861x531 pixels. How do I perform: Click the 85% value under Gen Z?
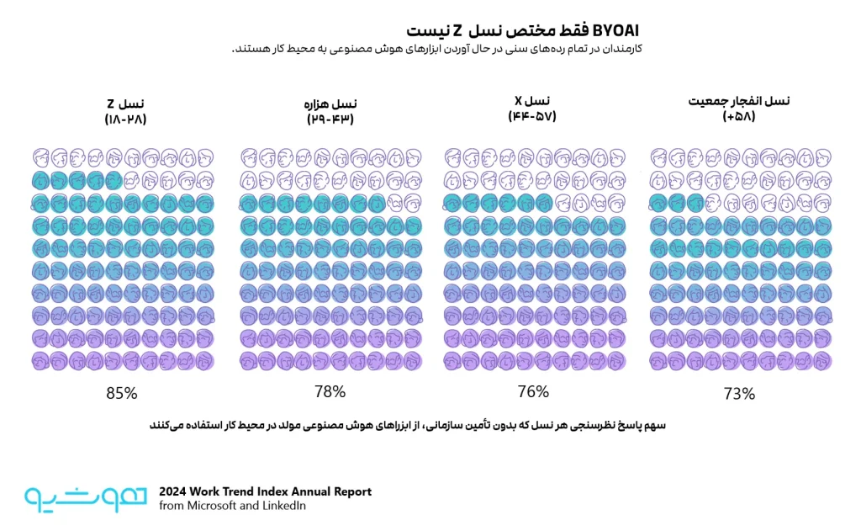[121, 393]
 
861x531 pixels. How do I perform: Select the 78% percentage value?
[330, 391]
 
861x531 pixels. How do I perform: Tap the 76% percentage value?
[532, 391]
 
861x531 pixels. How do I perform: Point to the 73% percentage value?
[739, 394]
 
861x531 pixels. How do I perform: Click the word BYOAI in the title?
[615, 30]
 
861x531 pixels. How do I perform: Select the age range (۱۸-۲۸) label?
[126, 119]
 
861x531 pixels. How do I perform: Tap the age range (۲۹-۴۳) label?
[330, 119]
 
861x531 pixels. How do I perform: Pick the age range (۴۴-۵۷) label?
[532, 116]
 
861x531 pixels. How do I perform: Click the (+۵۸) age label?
[739, 116]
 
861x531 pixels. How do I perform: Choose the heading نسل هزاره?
[330, 104]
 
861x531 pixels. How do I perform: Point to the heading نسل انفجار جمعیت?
[739, 101]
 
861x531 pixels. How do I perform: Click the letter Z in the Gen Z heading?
[111, 104]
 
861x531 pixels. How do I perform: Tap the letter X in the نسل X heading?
[518, 101]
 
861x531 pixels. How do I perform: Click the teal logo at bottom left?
[86, 498]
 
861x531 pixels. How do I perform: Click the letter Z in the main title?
[457, 31]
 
